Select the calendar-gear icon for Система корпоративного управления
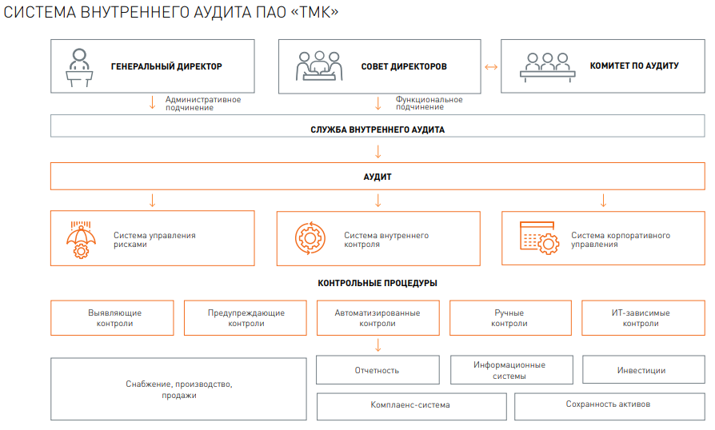(x=539, y=237)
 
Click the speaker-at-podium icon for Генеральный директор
(x=79, y=67)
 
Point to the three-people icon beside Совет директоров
(x=319, y=66)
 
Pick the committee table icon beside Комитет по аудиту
(x=547, y=67)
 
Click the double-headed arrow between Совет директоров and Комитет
(x=491, y=67)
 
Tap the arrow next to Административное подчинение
(x=153, y=102)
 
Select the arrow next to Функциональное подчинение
(x=378, y=103)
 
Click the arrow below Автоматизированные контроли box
(x=378, y=345)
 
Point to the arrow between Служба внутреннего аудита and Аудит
(x=378, y=152)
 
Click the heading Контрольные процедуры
(x=377, y=283)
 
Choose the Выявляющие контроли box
(x=112, y=318)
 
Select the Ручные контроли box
(x=510, y=318)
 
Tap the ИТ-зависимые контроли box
(x=643, y=318)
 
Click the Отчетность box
(x=377, y=370)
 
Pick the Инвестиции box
(x=643, y=369)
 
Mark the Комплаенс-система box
(x=411, y=406)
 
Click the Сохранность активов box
(x=609, y=406)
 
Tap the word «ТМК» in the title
(x=314, y=12)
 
